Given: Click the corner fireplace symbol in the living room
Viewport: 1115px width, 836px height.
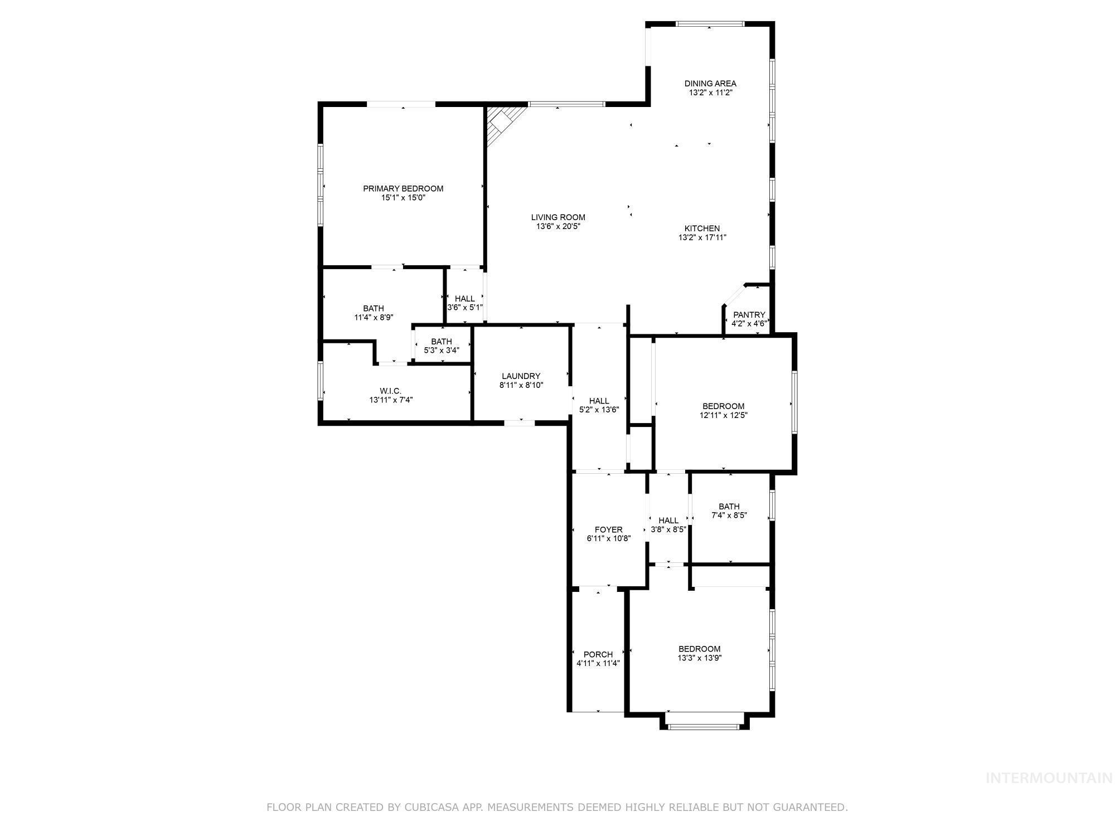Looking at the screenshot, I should (502, 124).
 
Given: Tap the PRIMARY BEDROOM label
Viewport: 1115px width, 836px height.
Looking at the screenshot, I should (403, 188).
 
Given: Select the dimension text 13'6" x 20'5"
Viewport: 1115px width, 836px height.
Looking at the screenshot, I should (558, 226).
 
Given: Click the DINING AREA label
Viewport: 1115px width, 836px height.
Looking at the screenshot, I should (710, 84).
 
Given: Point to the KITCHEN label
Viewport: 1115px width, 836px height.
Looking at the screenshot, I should (702, 228).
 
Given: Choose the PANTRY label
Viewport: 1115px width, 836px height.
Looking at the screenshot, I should (749, 314).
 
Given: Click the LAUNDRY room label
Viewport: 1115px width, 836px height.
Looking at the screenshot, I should (521, 376).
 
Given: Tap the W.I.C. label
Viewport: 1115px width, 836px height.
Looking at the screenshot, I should (390, 391).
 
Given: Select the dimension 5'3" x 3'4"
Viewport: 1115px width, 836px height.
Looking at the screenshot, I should (441, 351).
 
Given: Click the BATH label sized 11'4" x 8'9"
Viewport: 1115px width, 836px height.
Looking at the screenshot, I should (374, 308).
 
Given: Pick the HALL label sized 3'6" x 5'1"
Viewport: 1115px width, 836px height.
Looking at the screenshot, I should (464, 299).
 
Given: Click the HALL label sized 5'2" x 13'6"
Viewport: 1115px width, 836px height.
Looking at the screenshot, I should (599, 401).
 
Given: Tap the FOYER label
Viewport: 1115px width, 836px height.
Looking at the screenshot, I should (608, 529).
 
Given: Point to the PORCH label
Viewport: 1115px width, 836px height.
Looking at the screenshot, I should (598, 654).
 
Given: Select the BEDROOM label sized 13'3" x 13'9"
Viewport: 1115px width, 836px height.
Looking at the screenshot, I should (699, 649).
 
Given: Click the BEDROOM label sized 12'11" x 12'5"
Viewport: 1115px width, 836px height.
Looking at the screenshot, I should (723, 406).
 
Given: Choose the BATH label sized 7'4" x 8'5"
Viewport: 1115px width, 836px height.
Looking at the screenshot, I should (729, 506).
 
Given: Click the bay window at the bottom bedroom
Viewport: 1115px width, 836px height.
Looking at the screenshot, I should (704, 726).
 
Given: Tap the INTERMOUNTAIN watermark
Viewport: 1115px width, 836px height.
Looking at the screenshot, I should (1049, 778).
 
